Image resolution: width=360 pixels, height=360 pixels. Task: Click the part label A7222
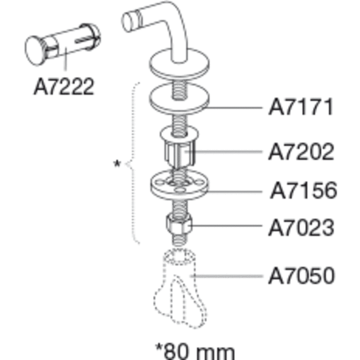64,86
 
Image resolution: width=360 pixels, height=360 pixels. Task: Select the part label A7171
301,107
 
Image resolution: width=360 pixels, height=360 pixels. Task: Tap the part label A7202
301,151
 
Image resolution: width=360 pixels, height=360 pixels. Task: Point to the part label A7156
304,191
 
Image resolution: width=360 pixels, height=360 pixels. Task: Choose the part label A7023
301,228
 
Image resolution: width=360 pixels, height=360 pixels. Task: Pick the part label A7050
301,275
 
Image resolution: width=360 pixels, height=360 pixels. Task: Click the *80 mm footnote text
195,351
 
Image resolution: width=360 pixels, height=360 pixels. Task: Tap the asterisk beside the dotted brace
117,164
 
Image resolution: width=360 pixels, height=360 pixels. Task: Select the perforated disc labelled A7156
179,185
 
